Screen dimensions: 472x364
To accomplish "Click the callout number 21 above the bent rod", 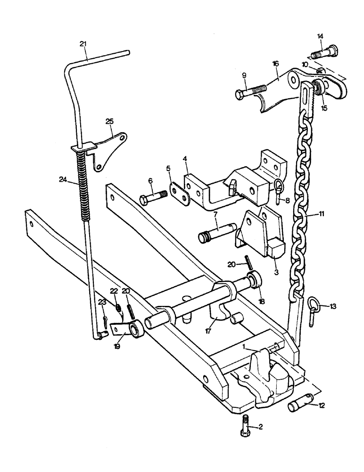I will coord(83,44).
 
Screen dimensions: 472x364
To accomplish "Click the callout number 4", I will coord(185,166).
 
